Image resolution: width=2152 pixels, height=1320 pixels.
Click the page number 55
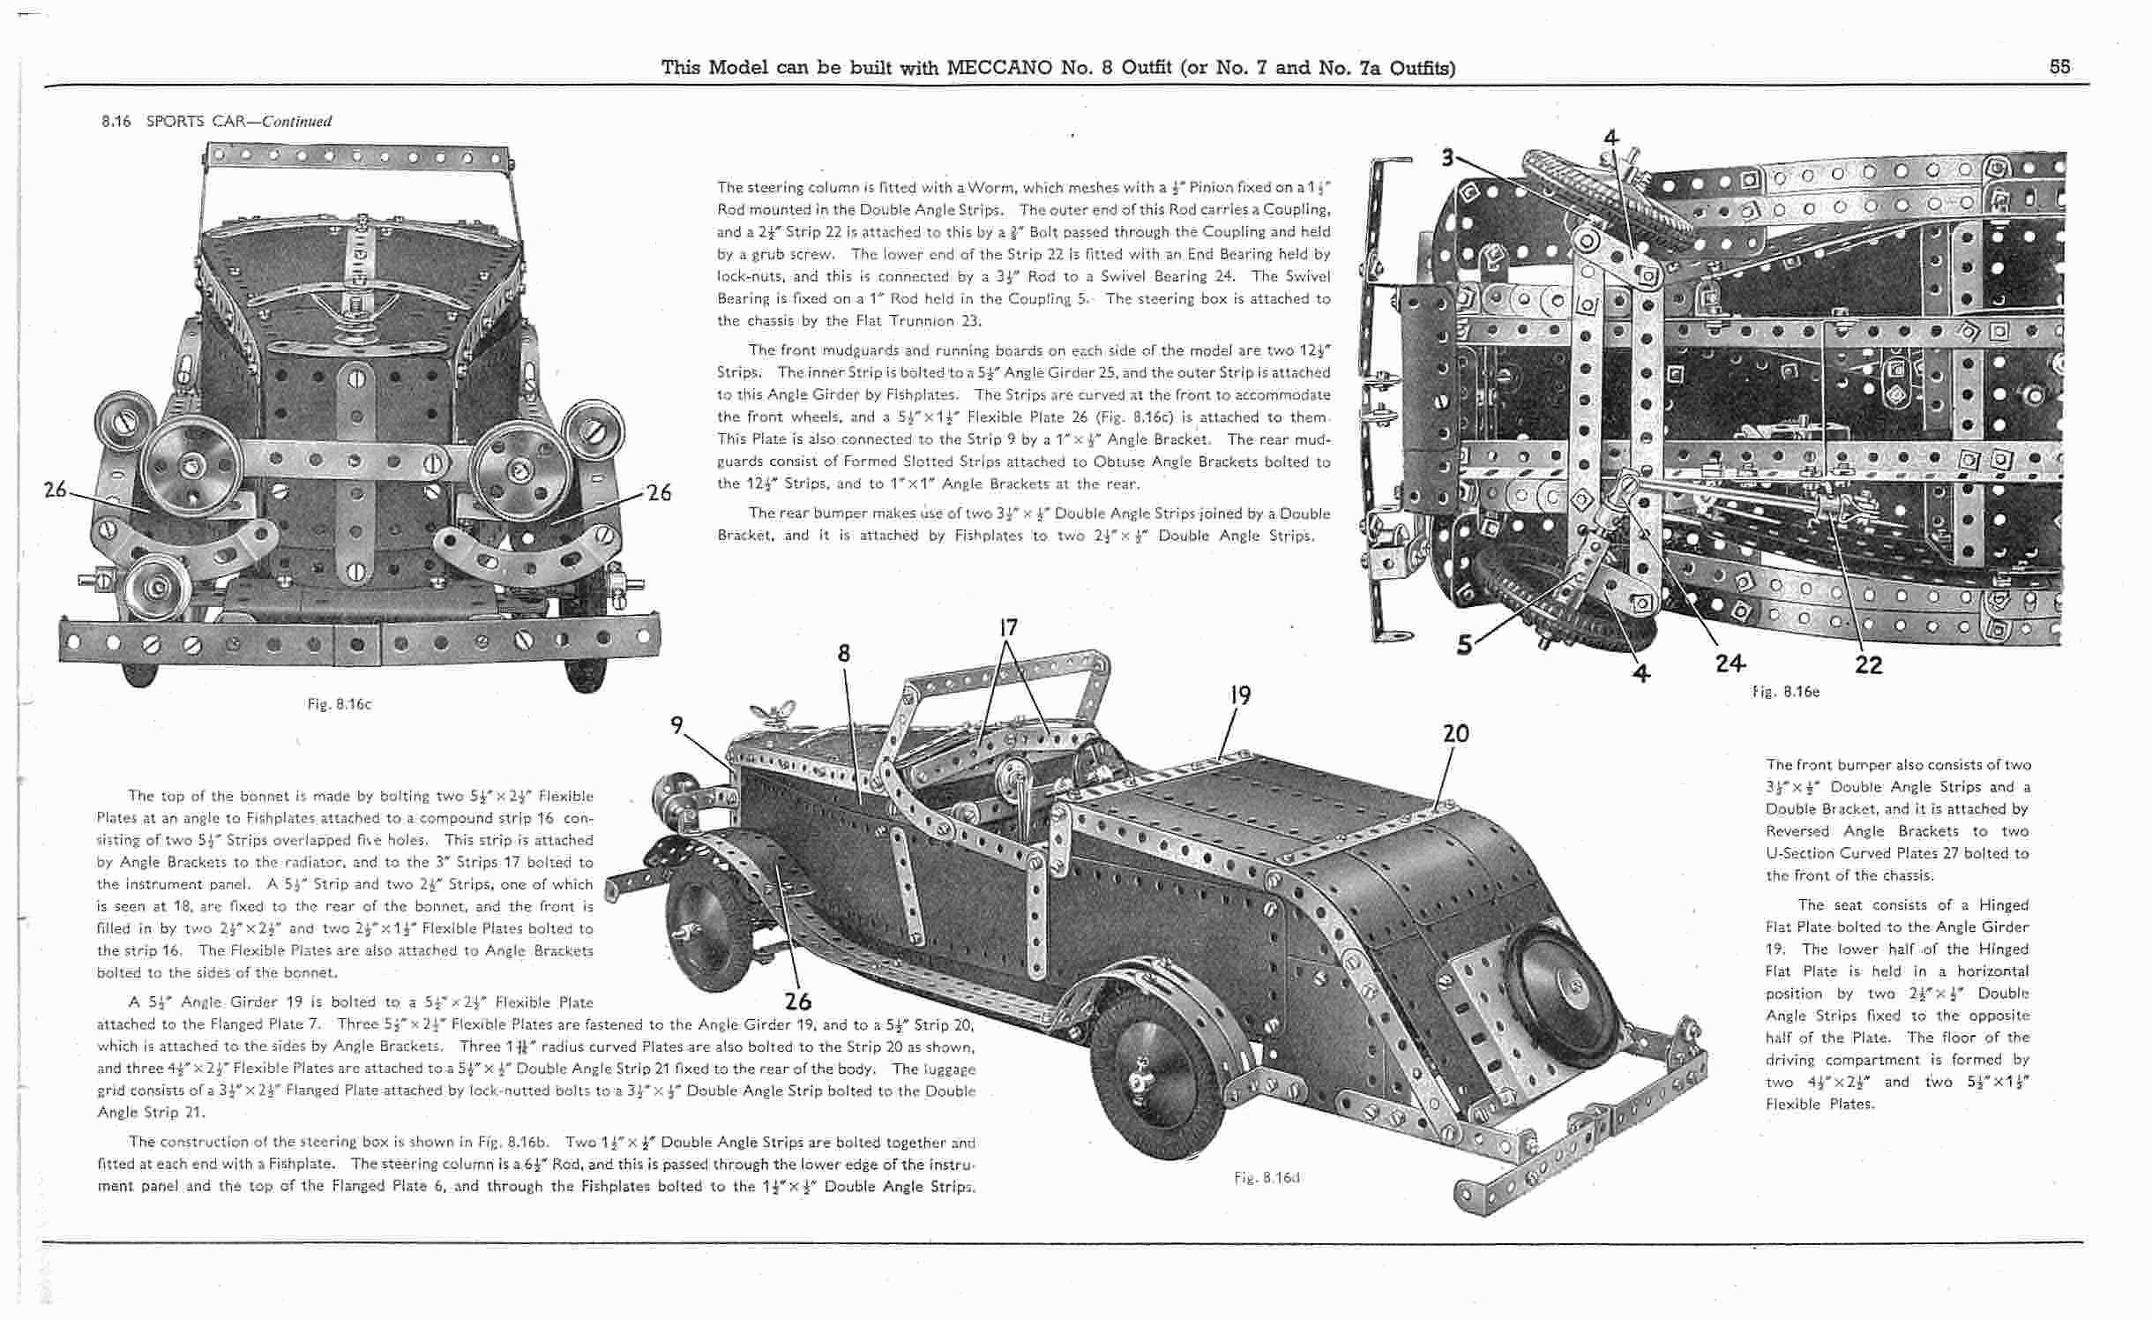(2060, 67)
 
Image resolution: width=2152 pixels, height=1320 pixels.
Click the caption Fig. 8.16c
(340, 704)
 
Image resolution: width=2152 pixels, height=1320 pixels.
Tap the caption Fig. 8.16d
(1268, 1177)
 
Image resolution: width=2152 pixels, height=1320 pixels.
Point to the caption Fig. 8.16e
(1786, 692)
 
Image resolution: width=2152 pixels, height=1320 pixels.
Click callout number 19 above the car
(1240, 695)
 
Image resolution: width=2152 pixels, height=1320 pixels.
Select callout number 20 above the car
(1456, 733)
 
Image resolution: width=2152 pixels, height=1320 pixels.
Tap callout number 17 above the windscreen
(1008, 627)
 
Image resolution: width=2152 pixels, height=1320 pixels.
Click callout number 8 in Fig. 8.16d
(844, 653)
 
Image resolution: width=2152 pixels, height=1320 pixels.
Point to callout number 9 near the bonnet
(676, 725)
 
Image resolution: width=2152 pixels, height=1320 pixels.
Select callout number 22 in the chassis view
(1869, 664)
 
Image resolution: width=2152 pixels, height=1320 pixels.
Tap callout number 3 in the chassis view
(1447, 158)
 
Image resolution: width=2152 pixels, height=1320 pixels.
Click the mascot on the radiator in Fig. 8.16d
(768, 711)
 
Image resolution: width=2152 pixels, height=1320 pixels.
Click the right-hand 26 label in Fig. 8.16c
(660, 492)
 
